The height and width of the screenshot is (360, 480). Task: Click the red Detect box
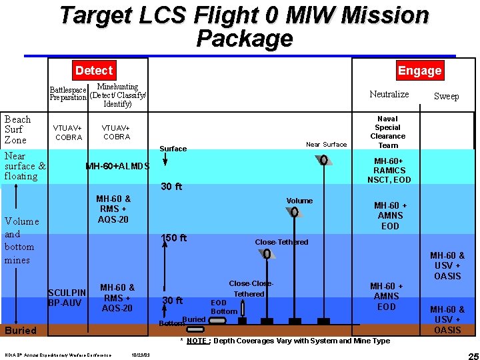[x=94, y=70]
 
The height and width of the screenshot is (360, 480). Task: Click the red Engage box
[x=419, y=70]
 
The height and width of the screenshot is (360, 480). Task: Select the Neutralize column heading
[x=389, y=94]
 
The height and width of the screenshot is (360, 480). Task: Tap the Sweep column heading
[x=446, y=96]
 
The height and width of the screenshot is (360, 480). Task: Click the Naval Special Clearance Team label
[x=387, y=132]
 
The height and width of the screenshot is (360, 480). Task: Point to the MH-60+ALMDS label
[x=117, y=166]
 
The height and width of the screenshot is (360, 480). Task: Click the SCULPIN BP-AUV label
[x=67, y=298]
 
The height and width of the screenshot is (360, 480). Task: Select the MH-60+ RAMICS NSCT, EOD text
[x=393, y=170]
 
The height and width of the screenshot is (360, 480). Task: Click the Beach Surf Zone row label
[x=18, y=129]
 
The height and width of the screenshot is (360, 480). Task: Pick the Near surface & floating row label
[x=25, y=166]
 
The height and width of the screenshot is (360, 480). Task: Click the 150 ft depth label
[x=174, y=238]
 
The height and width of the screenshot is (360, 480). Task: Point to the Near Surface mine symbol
[x=323, y=160]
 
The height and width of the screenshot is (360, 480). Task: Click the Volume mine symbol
[x=294, y=212]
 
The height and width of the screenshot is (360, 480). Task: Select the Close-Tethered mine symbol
[x=267, y=253]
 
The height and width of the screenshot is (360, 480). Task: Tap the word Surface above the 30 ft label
[x=173, y=149]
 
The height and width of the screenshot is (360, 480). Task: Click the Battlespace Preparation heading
[x=69, y=94]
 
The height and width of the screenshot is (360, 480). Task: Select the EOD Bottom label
[x=224, y=307]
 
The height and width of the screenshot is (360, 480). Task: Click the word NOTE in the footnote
[x=197, y=341]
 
